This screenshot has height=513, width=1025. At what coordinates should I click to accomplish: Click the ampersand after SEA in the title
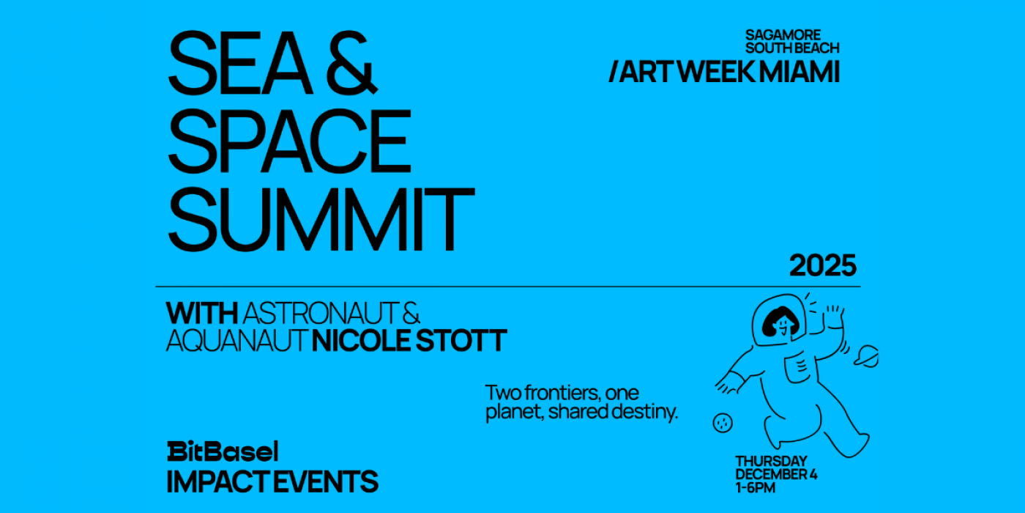point(352,63)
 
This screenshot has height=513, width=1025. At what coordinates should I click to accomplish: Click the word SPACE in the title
point(290,141)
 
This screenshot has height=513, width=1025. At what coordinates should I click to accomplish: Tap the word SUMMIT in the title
point(321,220)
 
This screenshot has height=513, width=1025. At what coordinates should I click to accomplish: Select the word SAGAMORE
point(783,35)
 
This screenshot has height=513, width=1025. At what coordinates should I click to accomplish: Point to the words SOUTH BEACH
point(792,48)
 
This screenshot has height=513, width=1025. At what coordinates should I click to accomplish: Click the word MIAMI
point(799,72)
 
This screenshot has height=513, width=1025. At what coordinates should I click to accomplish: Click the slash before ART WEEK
point(614,72)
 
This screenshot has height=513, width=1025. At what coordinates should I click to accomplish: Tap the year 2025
point(823,265)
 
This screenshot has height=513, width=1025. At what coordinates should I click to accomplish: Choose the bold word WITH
point(202,314)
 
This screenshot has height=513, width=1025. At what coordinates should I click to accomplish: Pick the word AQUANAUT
point(236,341)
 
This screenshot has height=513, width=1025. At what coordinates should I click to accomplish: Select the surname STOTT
point(461,341)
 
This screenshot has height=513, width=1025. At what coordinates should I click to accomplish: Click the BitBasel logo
point(223,451)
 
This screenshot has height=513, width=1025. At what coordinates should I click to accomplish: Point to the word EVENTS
point(325,481)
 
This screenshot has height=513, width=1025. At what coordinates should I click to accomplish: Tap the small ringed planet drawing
point(866,356)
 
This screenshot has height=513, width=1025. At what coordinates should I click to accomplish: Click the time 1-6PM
point(756,488)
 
